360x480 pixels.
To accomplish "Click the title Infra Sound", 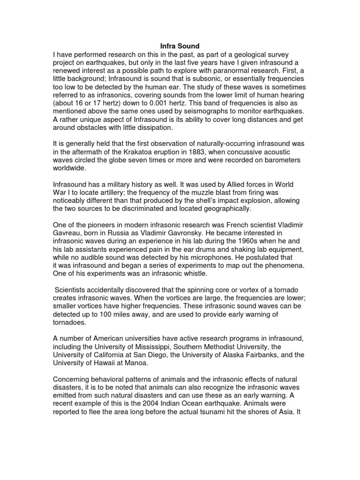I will pos(180,46).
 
